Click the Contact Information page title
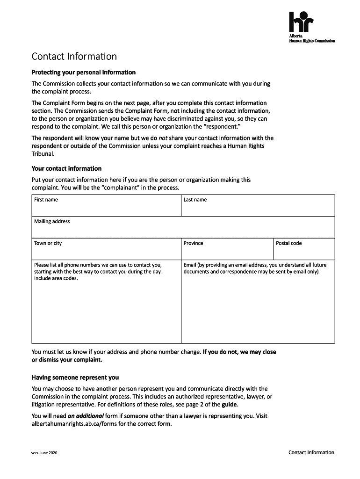[74, 57]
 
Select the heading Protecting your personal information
[83, 73]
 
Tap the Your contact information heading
[66, 168]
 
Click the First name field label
[46, 200]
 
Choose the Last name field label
[195, 200]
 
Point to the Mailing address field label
[52, 221]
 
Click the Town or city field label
[48, 243]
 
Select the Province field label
[193, 243]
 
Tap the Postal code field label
[288, 243]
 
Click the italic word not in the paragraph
[163, 138]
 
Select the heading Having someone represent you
[75, 377]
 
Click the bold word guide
[230, 404]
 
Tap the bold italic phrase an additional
[86, 416]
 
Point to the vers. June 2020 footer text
[44, 453]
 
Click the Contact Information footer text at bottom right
[311, 452]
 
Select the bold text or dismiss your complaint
[66, 360]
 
